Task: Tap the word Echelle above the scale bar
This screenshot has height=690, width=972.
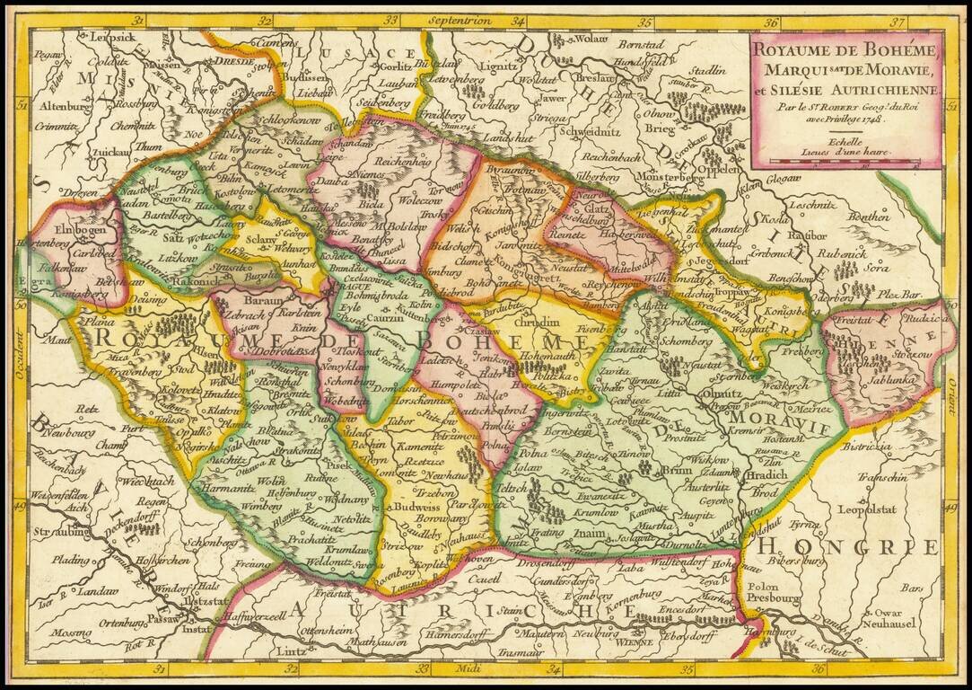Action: [x=845, y=141]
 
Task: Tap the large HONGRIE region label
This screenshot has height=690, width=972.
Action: [x=847, y=546]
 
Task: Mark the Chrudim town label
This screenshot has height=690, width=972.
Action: [x=530, y=322]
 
